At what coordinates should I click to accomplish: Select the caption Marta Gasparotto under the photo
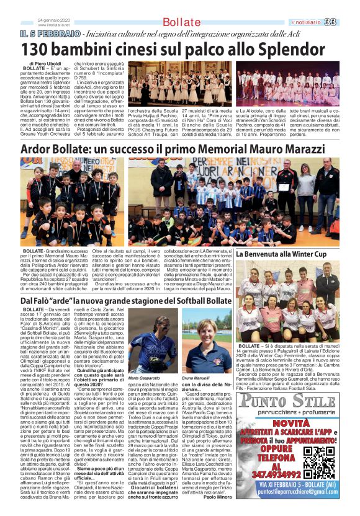(x=143, y=378)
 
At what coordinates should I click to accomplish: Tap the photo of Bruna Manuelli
(x=205, y=342)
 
